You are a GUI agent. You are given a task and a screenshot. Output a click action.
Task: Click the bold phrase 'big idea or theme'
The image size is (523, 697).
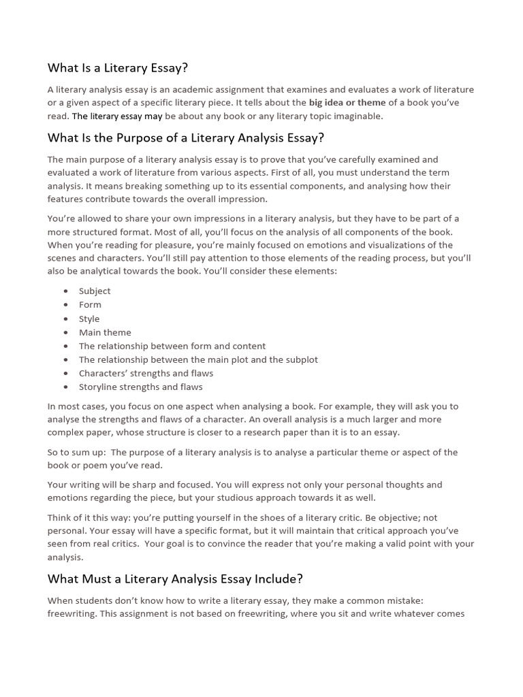[347, 103]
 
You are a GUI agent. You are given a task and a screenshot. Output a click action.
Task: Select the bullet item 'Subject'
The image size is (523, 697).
[95, 291]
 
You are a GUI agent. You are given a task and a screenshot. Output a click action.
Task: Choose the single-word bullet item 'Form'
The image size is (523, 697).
[90, 305]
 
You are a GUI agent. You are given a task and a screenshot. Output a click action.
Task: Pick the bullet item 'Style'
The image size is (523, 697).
[89, 319]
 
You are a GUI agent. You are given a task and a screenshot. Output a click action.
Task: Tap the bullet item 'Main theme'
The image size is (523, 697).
[105, 332]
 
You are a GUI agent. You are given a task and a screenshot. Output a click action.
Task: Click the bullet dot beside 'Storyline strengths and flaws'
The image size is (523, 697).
[65, 387]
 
